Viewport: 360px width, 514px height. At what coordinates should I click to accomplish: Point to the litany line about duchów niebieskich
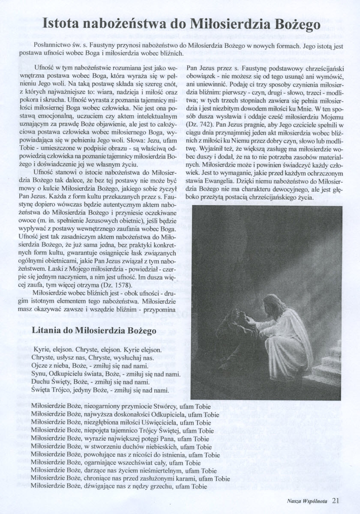[121, 447]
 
